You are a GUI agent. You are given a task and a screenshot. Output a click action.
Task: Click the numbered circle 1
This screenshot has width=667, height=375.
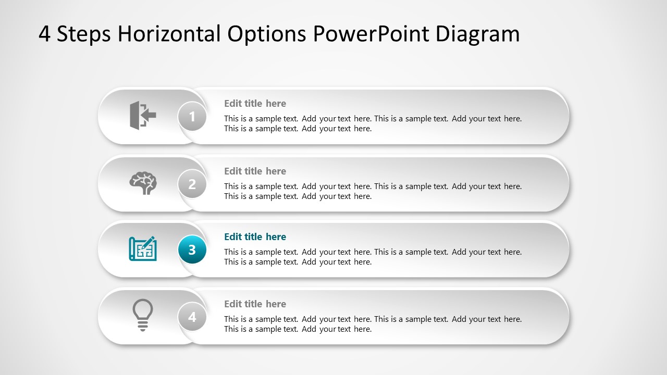[192, 117]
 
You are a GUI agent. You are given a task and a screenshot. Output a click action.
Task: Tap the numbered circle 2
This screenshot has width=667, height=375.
[192, 184]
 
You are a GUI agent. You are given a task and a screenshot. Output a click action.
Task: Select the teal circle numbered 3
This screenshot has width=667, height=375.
[192, 250]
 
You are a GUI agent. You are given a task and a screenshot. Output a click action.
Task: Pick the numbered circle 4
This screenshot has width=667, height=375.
[192, 317]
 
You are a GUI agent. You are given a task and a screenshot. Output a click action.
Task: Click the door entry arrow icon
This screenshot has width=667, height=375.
[143, 115]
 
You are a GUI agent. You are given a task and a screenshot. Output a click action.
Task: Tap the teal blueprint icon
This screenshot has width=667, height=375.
[143, 249]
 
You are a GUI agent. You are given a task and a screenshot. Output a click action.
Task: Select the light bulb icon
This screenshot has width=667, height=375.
[143, 315]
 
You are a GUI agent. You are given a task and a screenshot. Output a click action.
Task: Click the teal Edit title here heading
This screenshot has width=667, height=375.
[255, 237]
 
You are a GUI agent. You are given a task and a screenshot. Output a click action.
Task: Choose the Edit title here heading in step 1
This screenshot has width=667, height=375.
[255, 104]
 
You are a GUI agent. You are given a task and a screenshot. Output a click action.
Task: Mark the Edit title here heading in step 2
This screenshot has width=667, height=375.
[255, 171]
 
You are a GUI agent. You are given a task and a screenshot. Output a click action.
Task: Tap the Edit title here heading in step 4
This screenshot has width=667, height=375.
[255, 304]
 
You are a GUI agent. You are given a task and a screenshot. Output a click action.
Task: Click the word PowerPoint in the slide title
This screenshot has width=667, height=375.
[371, 34]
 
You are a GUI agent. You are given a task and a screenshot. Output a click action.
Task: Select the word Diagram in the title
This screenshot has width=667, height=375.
[477, 34]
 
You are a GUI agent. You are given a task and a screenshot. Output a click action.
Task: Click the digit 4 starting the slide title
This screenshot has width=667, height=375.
[44, 34]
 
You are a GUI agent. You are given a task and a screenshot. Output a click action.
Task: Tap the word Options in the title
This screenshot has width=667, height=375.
[267, 34]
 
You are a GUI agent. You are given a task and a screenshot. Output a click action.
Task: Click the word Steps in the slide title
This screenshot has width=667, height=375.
[83, 34]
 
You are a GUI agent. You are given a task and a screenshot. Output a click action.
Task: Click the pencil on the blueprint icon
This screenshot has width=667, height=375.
[150, 242]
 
